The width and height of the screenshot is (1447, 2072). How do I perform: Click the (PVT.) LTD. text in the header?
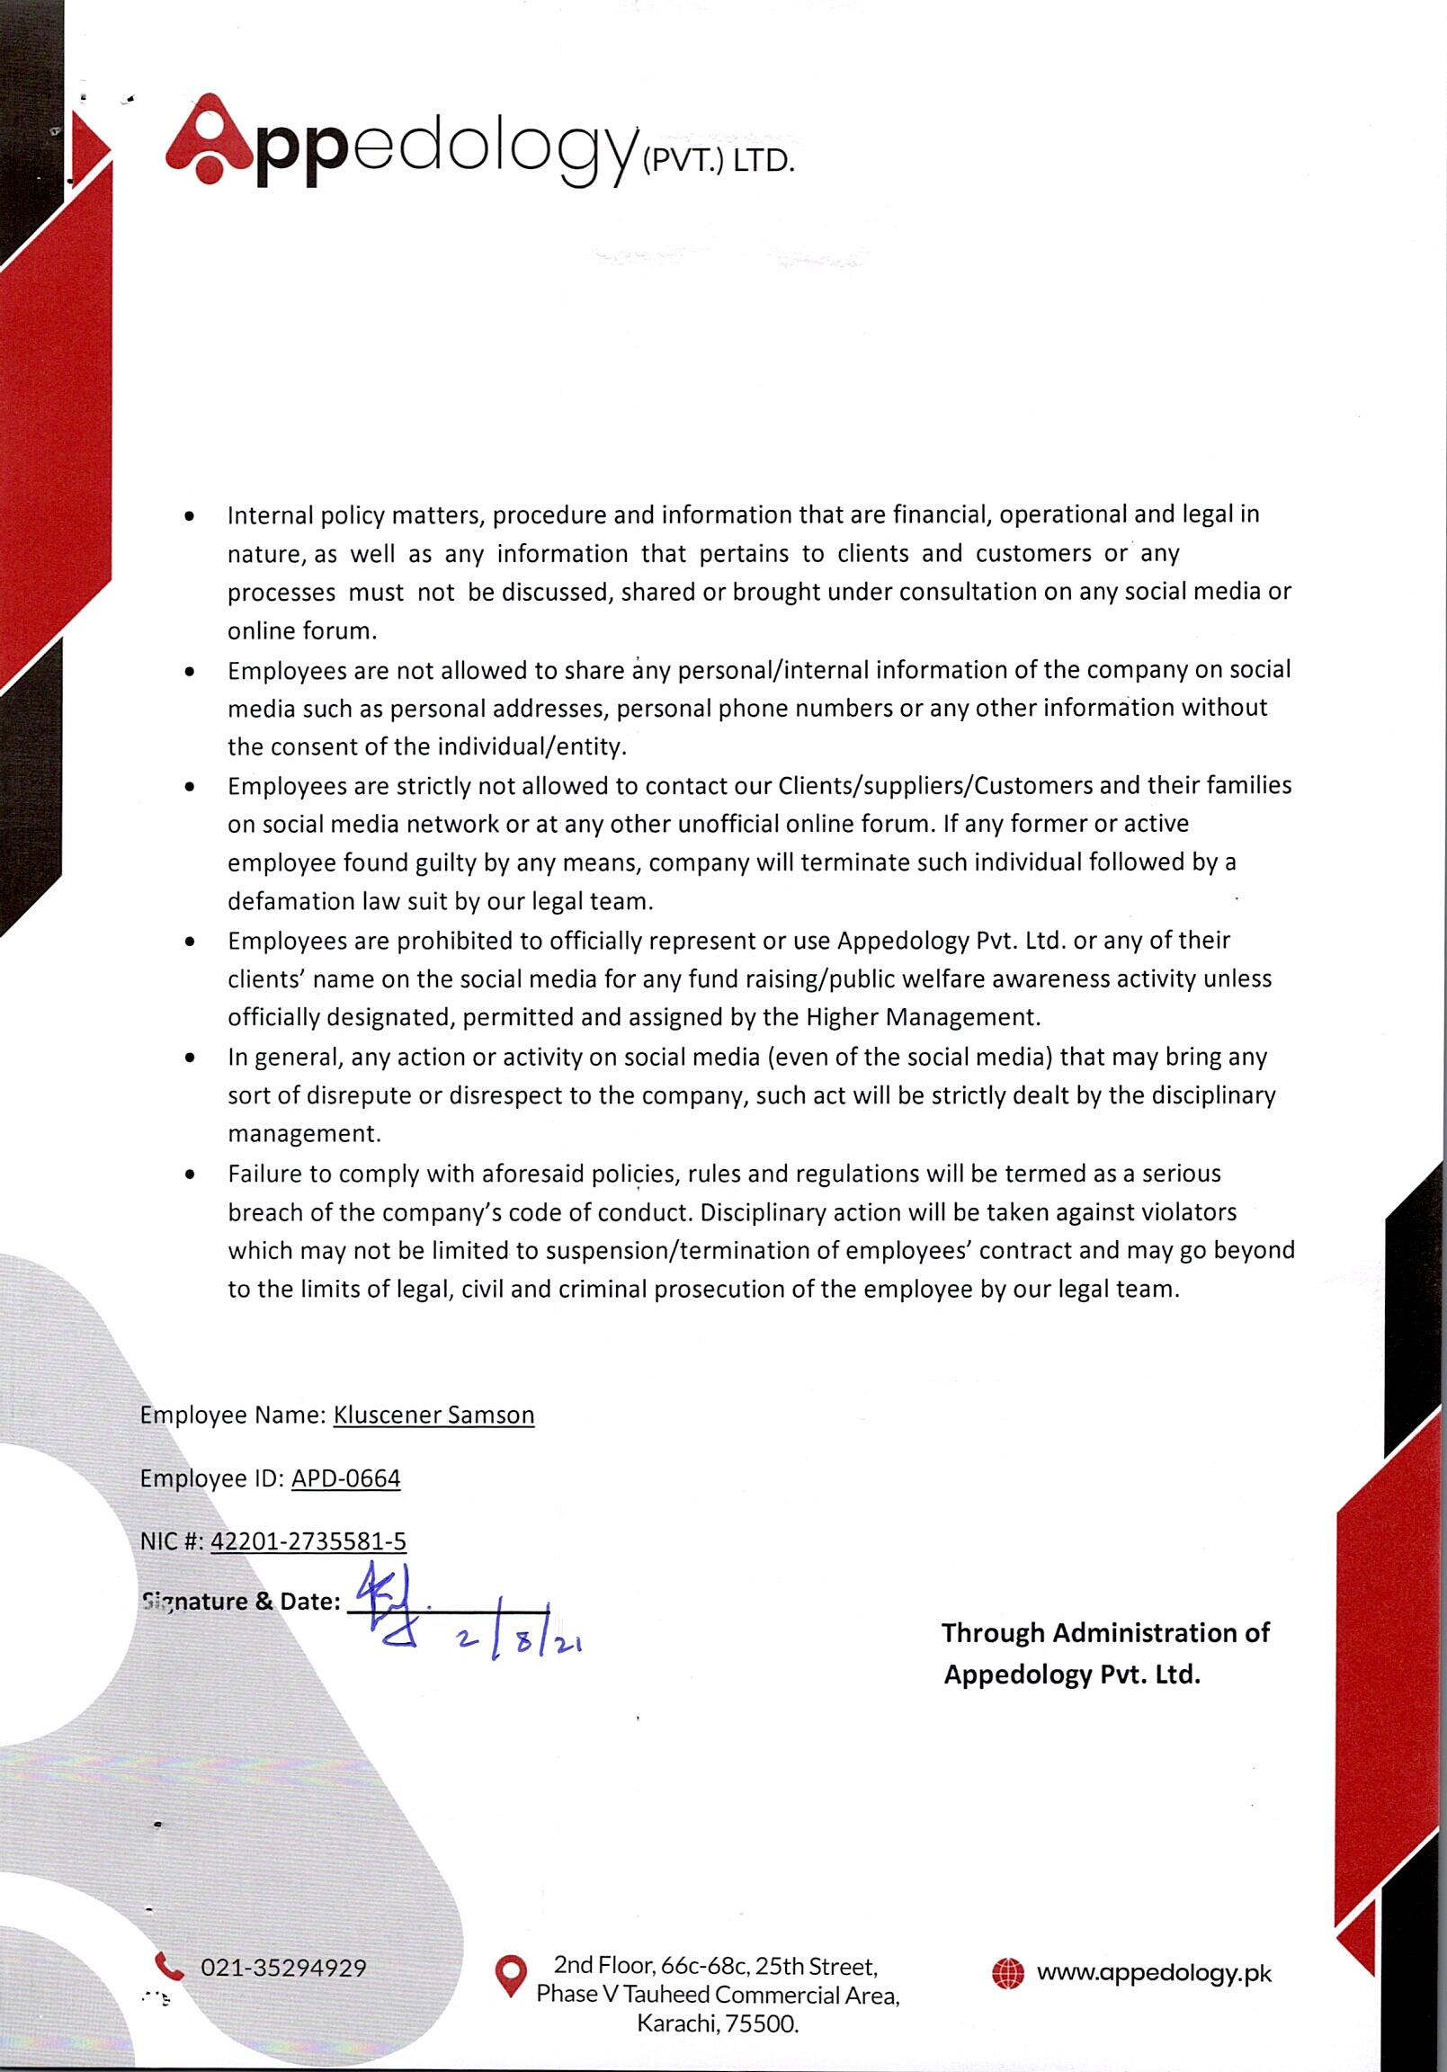pos(718,163)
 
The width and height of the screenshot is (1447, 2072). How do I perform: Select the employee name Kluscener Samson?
pos(433,1415)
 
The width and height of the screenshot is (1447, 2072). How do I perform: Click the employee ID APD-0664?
pos(345,1478)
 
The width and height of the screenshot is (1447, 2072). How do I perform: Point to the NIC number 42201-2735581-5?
pos(308,1541)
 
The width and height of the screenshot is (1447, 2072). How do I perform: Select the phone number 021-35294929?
pos(283,1968)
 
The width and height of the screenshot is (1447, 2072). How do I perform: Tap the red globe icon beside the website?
pos(1008,1973)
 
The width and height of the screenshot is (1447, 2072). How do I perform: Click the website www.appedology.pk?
pos(1154,1973)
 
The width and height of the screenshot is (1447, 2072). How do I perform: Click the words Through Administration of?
pos(1105,1632)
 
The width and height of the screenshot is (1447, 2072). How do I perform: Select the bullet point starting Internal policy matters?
pos(189,517)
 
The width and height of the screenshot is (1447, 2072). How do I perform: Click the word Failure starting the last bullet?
pos(267,1174)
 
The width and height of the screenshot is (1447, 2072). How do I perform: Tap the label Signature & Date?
pos(241,1602)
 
